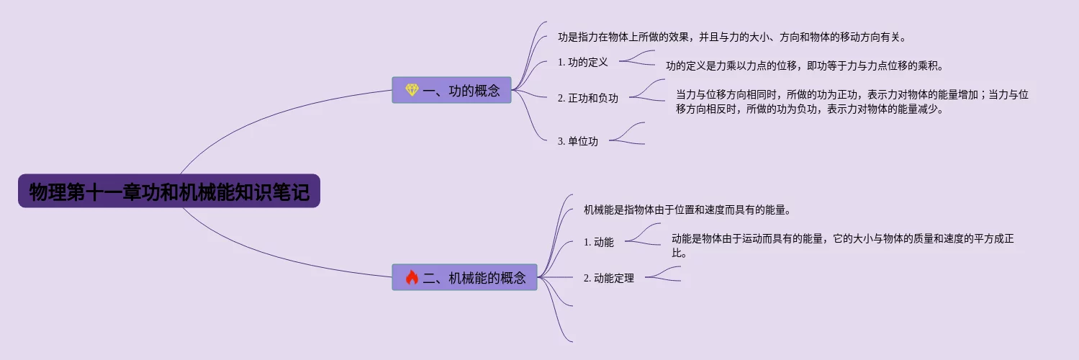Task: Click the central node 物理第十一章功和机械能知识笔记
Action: click(x=168, y=192)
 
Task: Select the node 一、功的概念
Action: click(x=451, y=91)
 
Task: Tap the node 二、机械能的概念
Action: click(x=464, y=277)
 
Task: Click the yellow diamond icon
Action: click(x=412, y=90)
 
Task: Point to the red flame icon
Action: click(x=412, y=277)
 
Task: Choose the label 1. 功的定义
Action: click(x=583, y=62)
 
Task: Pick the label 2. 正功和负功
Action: click(x=588, y=98)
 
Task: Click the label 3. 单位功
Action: click(x=578, y=141)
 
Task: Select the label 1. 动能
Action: click(x=599, y=242)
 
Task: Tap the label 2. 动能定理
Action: click(x=609, y=278)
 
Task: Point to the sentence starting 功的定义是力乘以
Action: click(x=804, y=66)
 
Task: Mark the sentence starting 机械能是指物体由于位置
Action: click(x=687, y=210)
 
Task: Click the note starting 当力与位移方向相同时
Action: click(x=852, y=102)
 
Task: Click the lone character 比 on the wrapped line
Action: click(x=677, y=253)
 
